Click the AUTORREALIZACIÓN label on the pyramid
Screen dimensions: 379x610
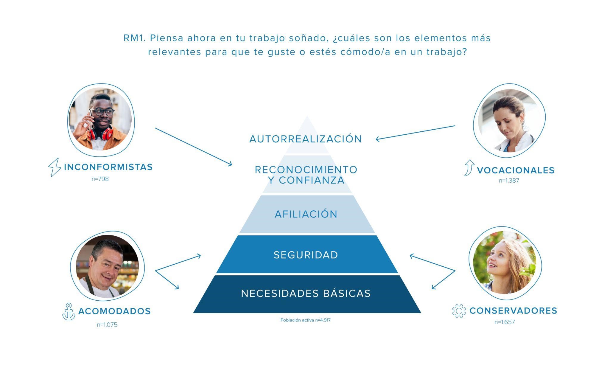tap(306, 139)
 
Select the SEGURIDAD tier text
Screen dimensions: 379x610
tap(306, 255)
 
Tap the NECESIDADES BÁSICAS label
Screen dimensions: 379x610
tap(306, 293)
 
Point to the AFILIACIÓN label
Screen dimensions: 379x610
tap(306, 214)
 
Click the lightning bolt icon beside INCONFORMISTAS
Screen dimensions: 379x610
tap(55, 167)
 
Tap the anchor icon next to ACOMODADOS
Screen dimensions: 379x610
tap(69, 312)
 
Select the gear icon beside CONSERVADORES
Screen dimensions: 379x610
tap(459, 311)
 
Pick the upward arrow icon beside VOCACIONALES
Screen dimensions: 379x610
tap(469, 168)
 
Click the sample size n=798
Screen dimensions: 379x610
tap(100, 179)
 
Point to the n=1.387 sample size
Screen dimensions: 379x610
tap(509, 181)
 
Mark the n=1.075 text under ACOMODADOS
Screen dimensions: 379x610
tap(107, 325)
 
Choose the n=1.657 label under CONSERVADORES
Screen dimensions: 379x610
tap(505, 322)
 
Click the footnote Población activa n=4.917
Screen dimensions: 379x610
tap(306, 320)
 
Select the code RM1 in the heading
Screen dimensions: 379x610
tap(134, 38)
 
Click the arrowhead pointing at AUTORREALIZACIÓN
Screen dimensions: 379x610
tap(377, 139)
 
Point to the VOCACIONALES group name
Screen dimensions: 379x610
tap(516, 170)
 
